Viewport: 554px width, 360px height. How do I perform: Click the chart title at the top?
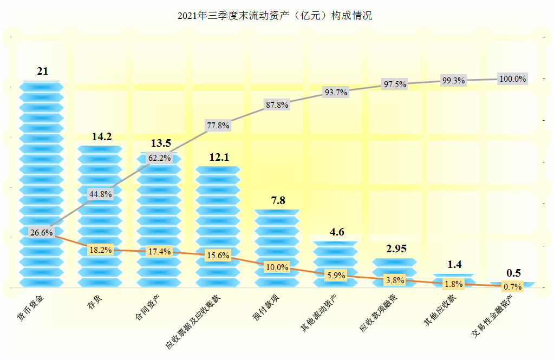click(275, 16)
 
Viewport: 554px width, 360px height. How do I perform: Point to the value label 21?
click(43, 71)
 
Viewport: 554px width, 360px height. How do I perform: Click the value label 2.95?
click(395, 249)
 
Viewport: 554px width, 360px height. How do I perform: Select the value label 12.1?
click(219, 158)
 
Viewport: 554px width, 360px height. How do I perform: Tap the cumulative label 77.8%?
click(218, 126)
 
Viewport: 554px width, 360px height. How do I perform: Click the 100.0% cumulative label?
click(512, 78)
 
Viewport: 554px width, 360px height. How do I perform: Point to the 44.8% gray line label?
click(100, 194)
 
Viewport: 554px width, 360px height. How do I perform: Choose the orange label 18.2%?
click(100, 250)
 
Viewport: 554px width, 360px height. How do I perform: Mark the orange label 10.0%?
click(277, 267)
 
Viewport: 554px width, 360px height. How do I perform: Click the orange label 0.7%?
click(512, 286)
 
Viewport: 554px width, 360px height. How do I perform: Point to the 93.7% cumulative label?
click(335, 92)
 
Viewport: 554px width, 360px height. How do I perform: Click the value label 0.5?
click(512, 273)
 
